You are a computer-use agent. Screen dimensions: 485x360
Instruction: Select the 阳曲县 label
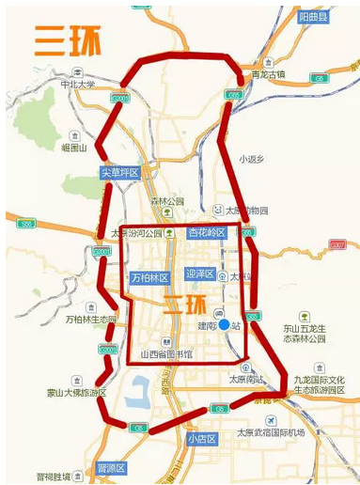314,17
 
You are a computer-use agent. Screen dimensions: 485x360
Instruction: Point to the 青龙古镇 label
268,74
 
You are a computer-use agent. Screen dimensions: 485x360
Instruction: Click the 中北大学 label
78,84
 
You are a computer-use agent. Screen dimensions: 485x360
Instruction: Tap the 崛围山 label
73,148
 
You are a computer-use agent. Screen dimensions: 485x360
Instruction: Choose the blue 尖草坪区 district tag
120,172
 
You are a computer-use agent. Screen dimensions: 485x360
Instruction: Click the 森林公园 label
168,201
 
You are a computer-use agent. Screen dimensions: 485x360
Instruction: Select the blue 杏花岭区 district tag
207,233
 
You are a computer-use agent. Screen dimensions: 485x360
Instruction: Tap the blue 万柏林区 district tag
149,278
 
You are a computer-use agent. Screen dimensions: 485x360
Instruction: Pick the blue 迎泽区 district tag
200,274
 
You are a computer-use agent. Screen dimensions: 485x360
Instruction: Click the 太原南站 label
246,379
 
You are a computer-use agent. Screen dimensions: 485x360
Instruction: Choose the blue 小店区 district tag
201,439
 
